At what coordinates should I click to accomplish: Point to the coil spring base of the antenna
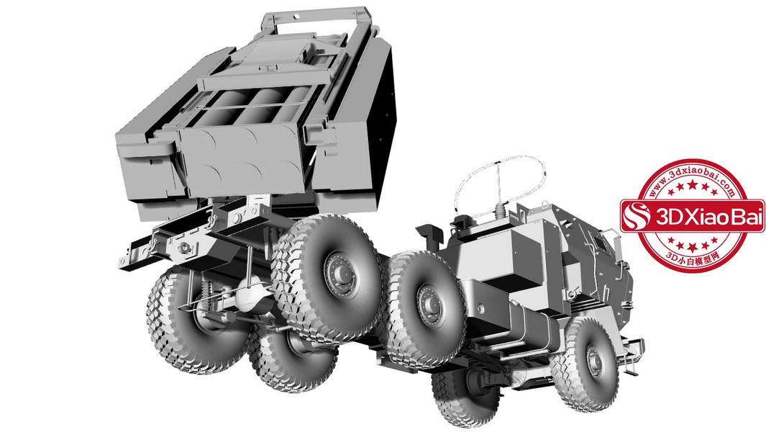point(500,212)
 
